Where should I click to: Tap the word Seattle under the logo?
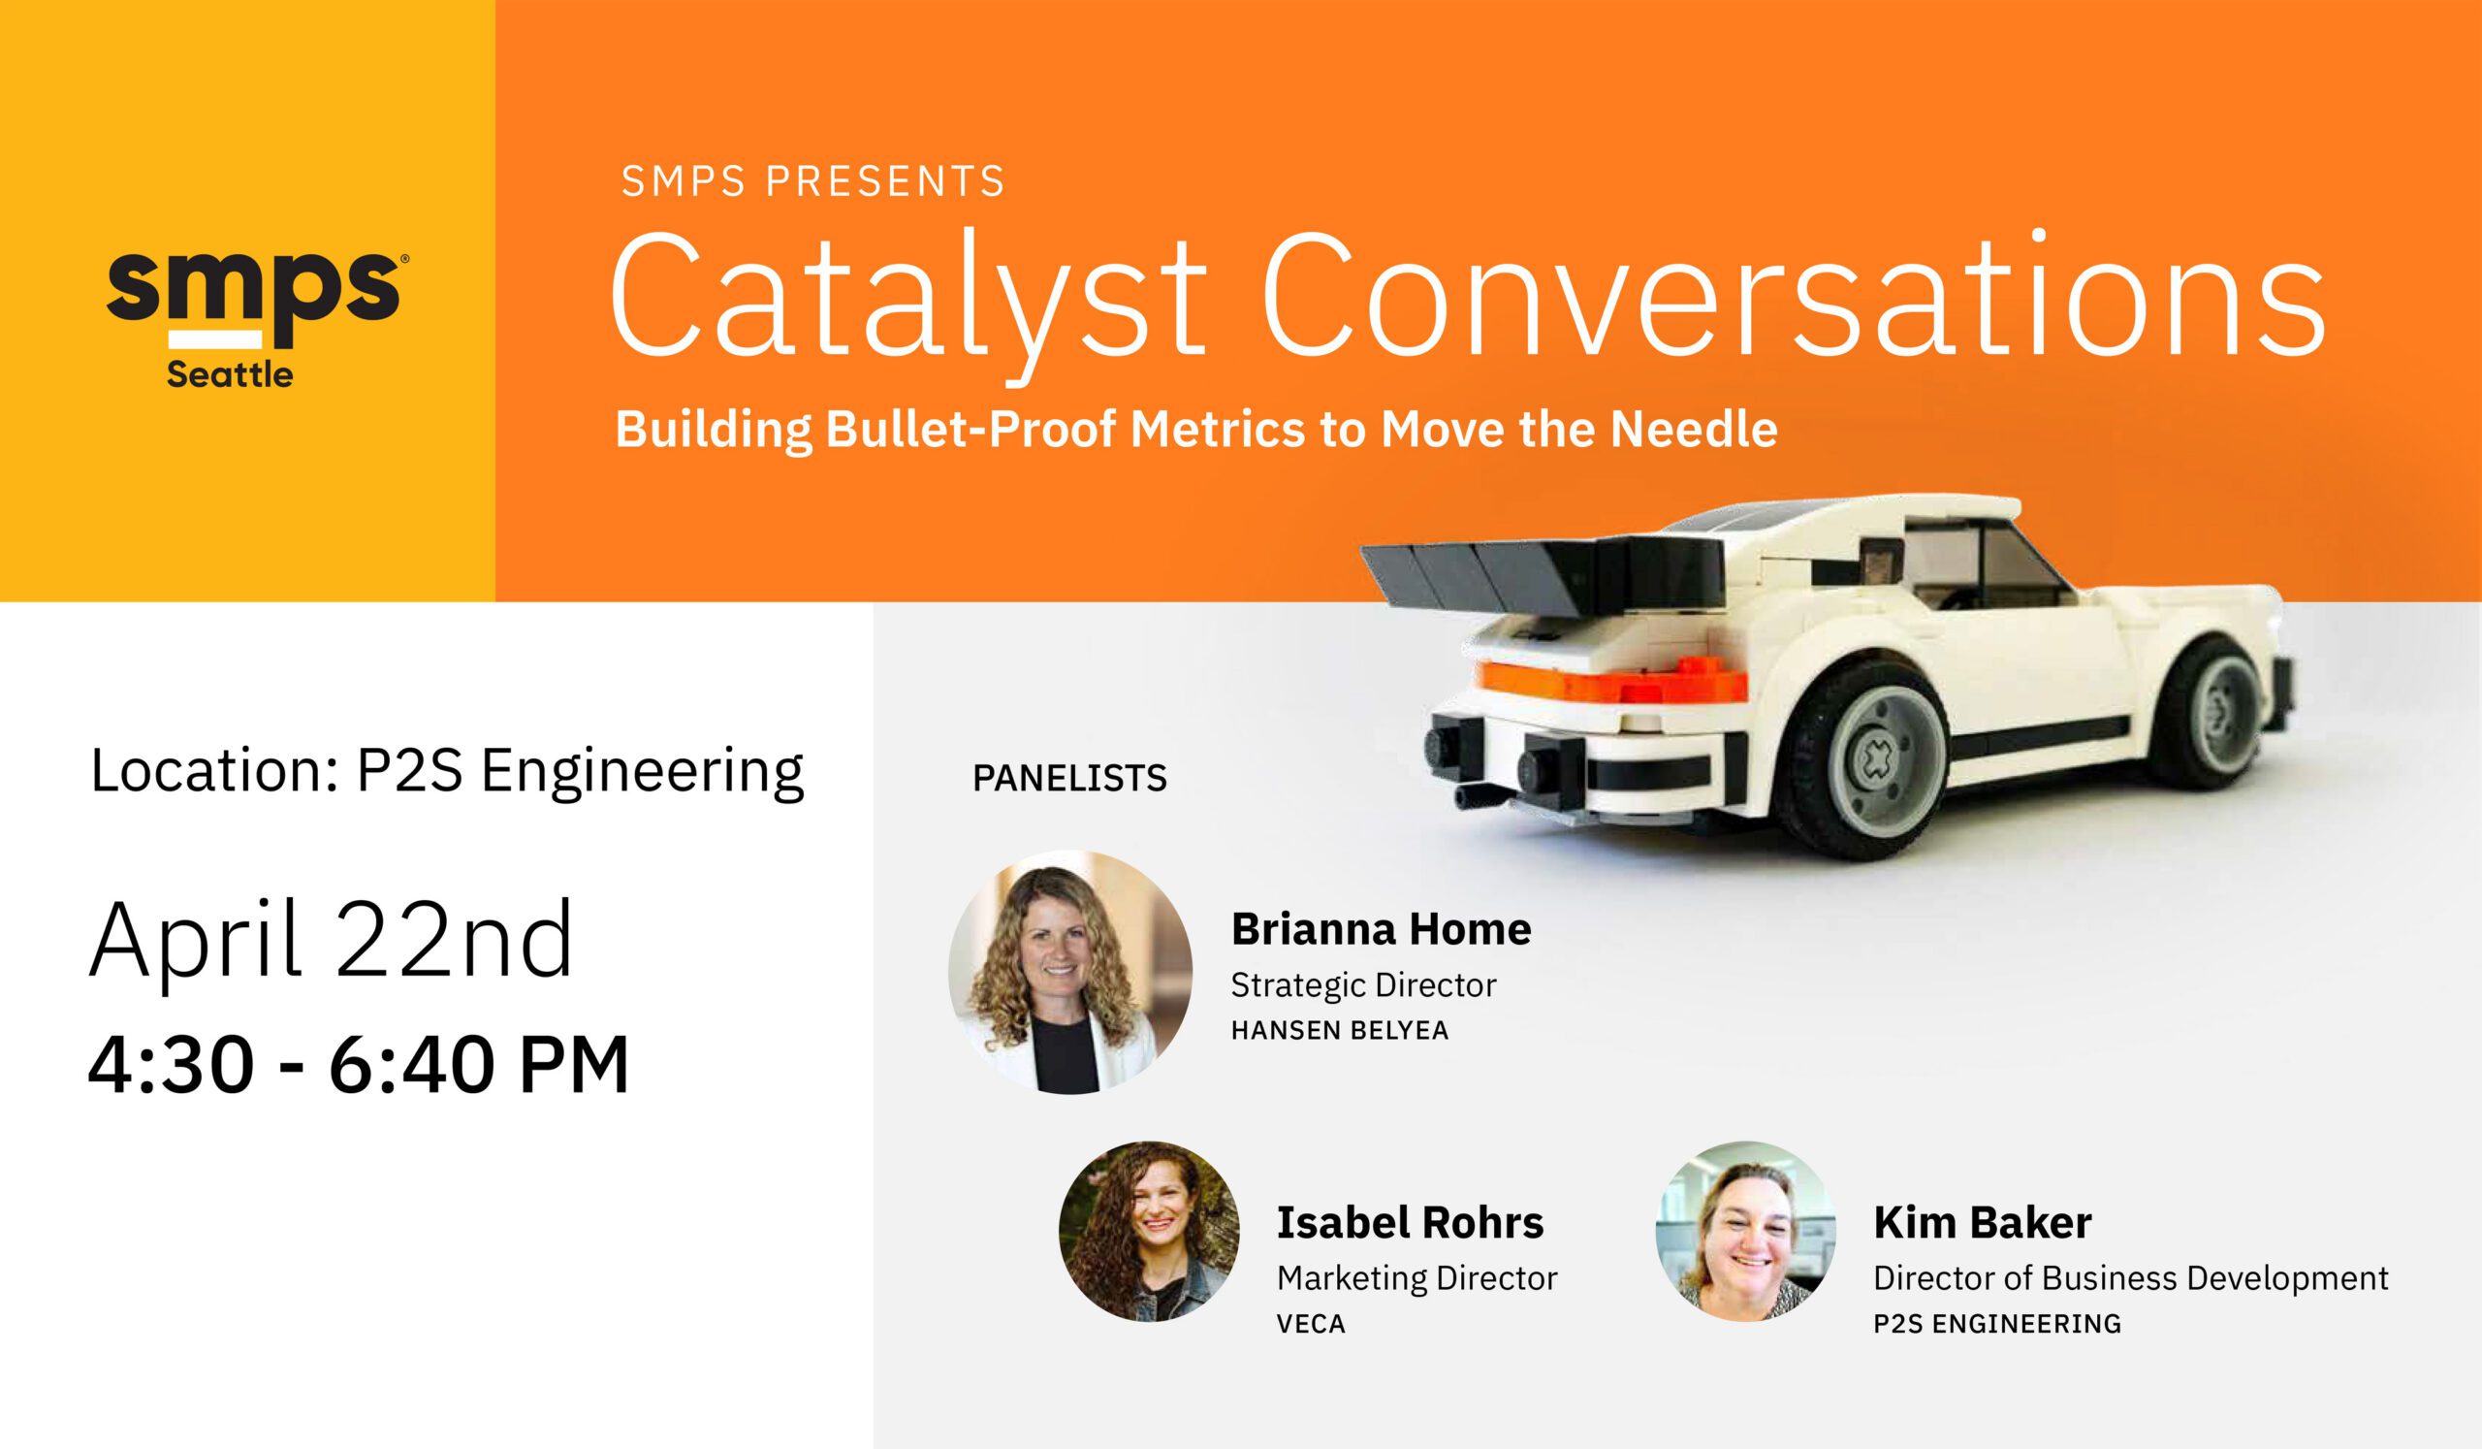[230, 375]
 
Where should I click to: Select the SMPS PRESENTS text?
[812, 182]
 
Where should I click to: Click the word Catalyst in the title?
[907, 297]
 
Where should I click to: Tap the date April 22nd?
[331, 942]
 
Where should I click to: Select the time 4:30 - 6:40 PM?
[359, 1065]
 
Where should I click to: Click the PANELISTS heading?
[1069, 779]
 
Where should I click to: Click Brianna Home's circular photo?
[1070, 972]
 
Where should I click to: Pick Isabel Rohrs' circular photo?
[1150, 1232]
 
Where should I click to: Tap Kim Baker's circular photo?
[1746, 1232]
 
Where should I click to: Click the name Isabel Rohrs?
[1411, 1223]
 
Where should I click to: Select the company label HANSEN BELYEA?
[1341, 1030]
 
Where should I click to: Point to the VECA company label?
[1311, 1323]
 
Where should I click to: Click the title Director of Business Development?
[2130, 1277]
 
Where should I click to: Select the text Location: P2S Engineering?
[447, 771]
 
